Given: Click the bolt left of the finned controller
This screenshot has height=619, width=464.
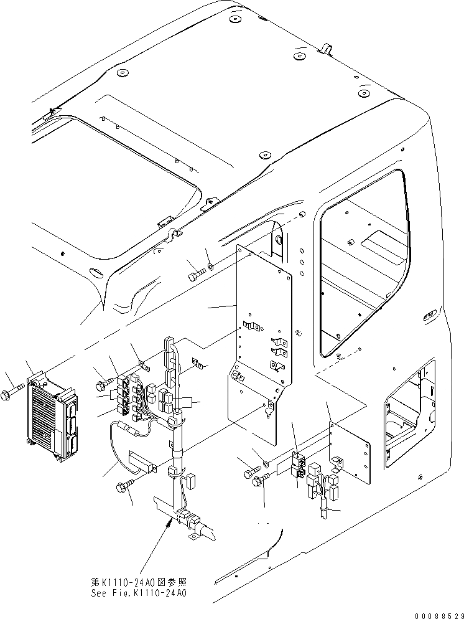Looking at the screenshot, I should point(13,393).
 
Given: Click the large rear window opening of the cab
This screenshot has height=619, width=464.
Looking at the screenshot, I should point(364,268).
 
